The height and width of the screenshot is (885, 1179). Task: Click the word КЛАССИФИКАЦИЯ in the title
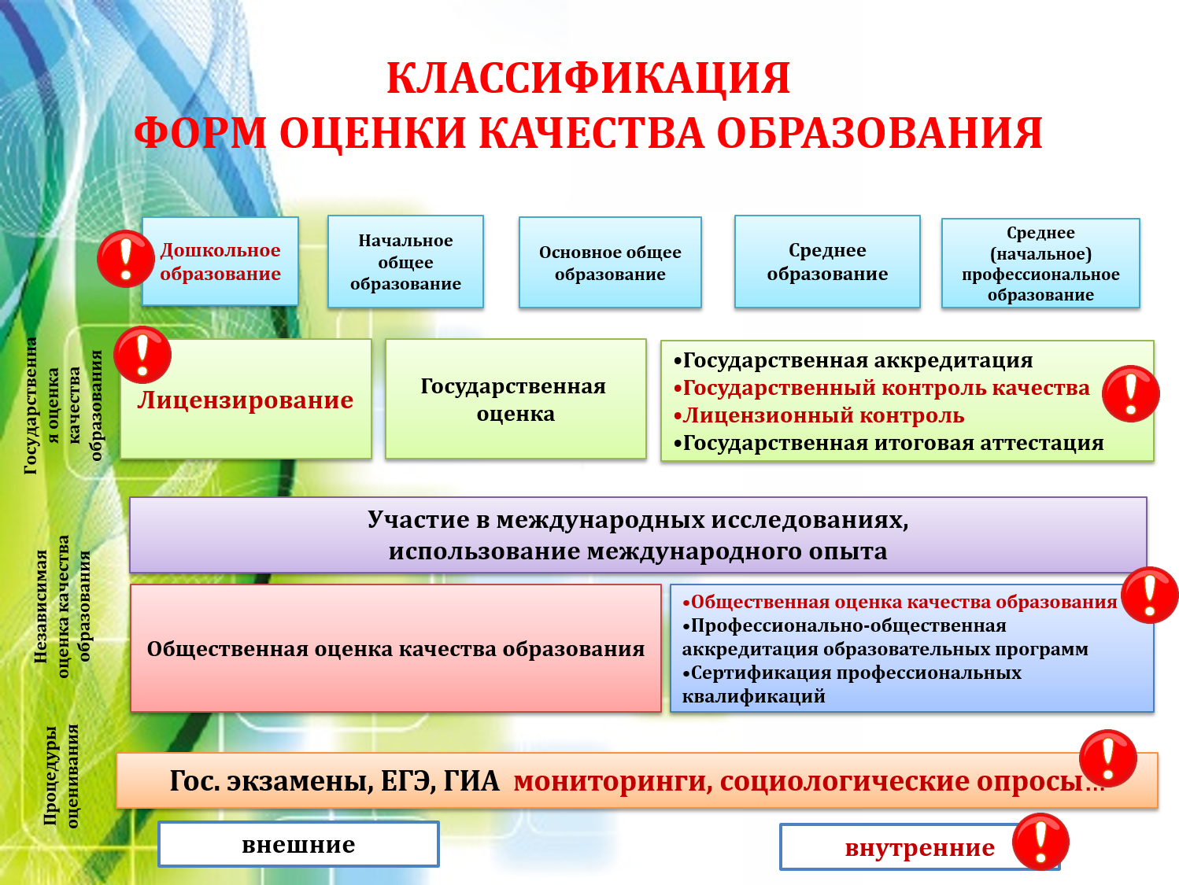(588, 79)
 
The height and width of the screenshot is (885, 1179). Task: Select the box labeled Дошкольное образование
(220, 261)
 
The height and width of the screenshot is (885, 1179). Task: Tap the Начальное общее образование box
(405, 261)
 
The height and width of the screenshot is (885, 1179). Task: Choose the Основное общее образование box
(610, 262)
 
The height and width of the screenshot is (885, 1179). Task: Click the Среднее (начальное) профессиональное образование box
(1040, 263)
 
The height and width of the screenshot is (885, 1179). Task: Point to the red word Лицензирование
(246, 400)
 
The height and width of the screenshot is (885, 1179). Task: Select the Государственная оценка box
(516, 399)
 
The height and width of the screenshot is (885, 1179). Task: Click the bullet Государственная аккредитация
(853, 360)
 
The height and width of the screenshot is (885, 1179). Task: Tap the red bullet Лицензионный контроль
(819, 415)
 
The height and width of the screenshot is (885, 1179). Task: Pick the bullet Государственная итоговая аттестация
(889, 444)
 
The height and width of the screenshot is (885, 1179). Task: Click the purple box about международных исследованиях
(638, 535)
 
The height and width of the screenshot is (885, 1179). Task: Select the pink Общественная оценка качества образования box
(396, 648)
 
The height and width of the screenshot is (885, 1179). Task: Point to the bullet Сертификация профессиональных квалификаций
(852, 684)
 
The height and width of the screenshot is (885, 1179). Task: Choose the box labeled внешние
(298, 844)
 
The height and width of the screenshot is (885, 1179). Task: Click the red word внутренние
(919, 848)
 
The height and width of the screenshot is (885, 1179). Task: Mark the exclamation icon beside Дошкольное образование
(126, 259)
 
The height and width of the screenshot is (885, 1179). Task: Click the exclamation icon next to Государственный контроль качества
(1131, 393)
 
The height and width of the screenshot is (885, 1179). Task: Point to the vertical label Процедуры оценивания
(60, 776)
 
